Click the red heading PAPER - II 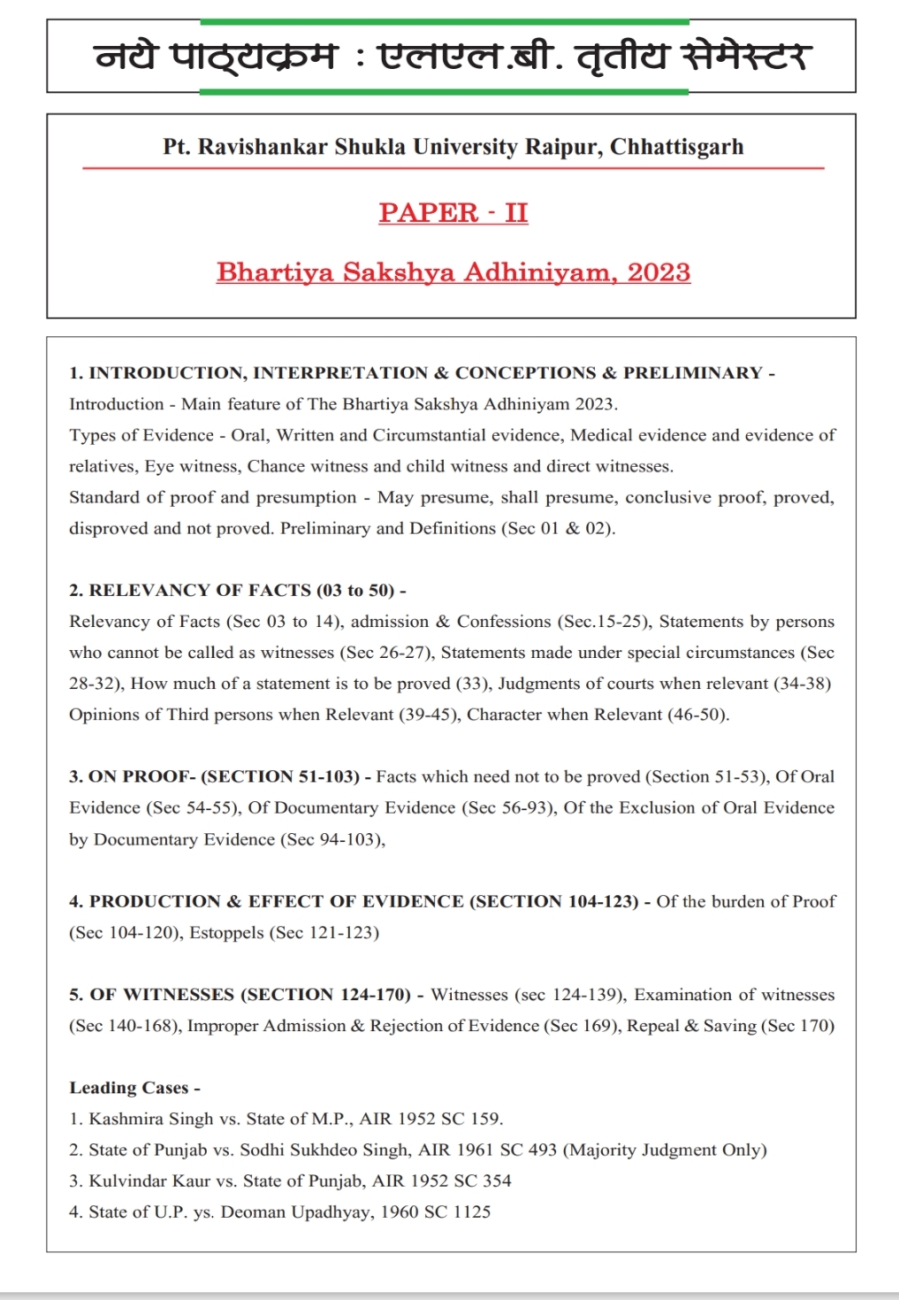pos(453,212)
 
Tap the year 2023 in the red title pos(659,271)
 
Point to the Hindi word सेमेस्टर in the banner pos(744,57)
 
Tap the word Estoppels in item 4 pos(226,932)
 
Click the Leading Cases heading pos(134,1088)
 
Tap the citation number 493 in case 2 pos(542,1150)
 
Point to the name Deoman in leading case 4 pos(251,1212)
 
